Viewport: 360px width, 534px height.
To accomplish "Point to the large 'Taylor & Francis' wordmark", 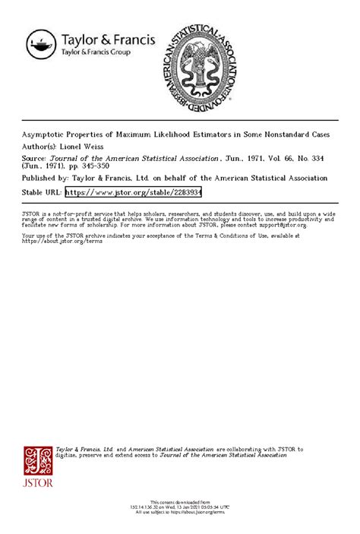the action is pos(108,39).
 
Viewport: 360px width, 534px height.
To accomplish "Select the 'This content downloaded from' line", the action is pos(180,502).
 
